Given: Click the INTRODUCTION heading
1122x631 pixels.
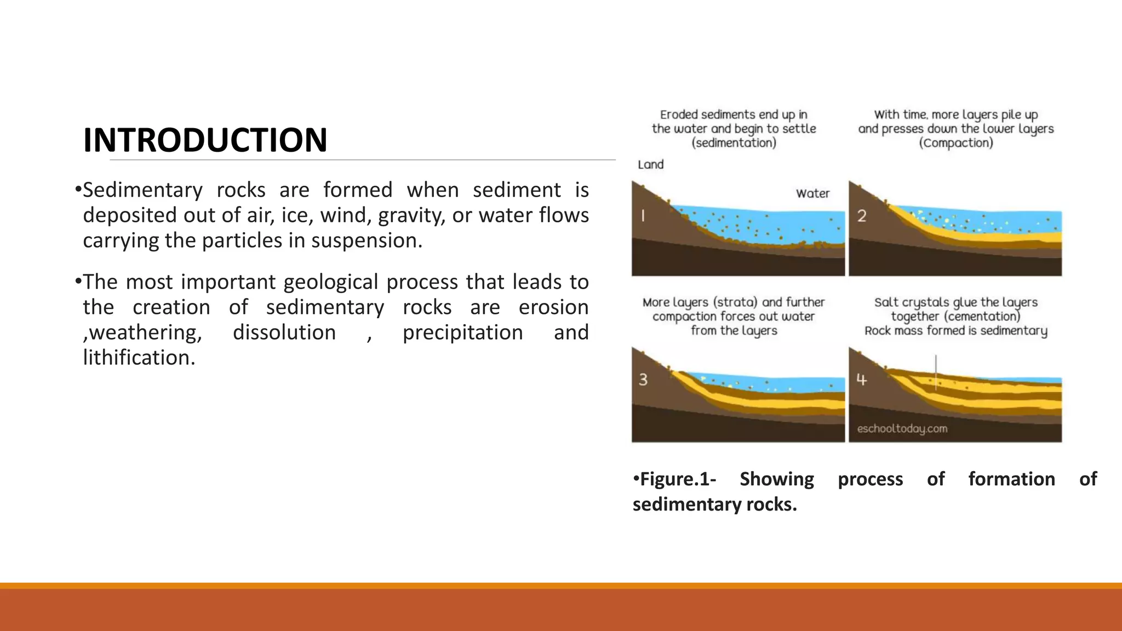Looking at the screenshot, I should click(x=205, y=140).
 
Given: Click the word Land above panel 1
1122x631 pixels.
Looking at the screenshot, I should click(x=650, y=164).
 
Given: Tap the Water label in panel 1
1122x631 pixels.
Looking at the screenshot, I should click(x=812, y=193).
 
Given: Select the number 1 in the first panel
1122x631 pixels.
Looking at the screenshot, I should click(x=643, y=216).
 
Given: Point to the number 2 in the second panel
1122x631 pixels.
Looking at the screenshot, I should click(x=862, y=216).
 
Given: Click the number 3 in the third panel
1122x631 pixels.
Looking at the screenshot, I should click(x=643, y=379).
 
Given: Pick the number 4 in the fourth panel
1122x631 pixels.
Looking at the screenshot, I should click(x=861, y=379).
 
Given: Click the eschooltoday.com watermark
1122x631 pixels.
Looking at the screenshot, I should click(x=902, y=428).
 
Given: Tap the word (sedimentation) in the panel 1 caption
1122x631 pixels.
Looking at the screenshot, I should click(x=734, y=143).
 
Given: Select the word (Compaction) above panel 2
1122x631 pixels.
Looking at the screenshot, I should click(x=955, y=143).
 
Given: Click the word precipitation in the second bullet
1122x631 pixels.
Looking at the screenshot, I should click(x=462, y=332).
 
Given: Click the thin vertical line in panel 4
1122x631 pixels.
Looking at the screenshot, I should click(x=936, y=372).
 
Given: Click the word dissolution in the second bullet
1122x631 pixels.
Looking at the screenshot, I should click(x=284, y=332).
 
